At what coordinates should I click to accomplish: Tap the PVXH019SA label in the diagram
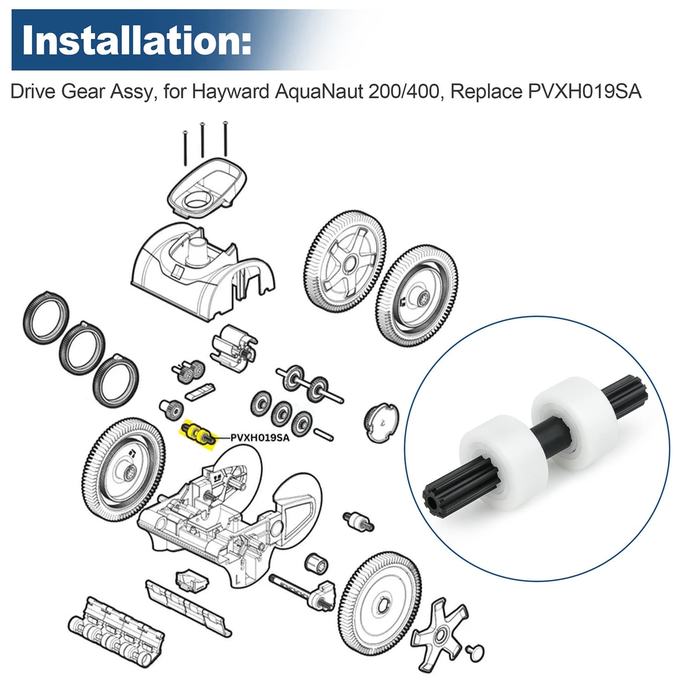click(x=259, y=438)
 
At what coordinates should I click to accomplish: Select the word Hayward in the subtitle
click(x=230, y=92)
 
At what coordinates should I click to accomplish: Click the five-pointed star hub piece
click(x=440, y=634)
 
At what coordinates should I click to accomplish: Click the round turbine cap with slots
click(x=381, y=422)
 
